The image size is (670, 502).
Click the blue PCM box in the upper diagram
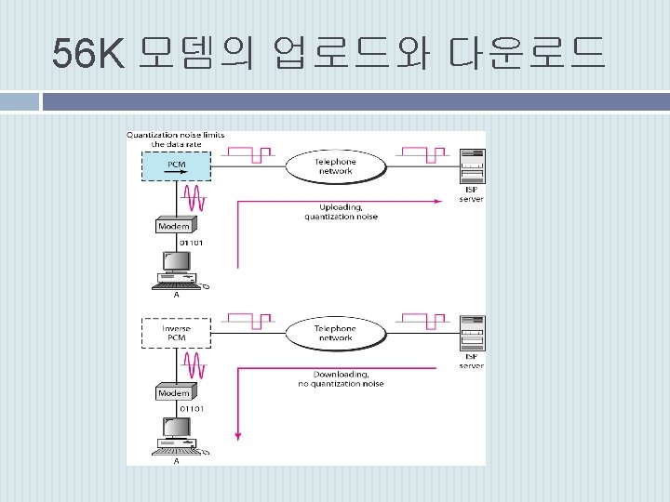[x=175, y=165]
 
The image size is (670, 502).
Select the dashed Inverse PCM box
[x=175, y=334]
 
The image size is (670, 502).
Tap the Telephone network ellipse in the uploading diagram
[x=335, y=166]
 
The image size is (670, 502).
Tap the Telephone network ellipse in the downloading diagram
[x=335, y=333]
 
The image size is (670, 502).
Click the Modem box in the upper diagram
[x=174, y=226]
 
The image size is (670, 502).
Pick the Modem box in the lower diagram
[x=174, y=392]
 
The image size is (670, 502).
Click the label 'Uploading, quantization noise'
[x=341, y=212]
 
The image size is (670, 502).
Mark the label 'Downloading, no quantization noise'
[x=341, y=379]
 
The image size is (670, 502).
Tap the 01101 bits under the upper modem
[x=192, y=244]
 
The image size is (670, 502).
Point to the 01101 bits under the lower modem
[x=192, y=409]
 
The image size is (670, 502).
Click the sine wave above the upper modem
[x=194, y=197]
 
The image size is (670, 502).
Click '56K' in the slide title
[x=87, y=54]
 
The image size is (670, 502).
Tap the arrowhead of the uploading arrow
[x=437, y=200]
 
